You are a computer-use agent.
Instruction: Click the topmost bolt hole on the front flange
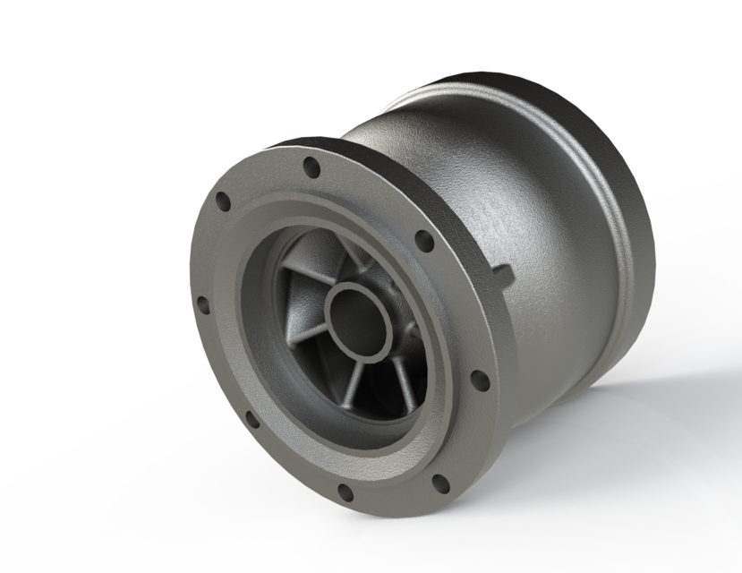[311, 167]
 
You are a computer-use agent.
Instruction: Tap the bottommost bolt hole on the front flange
[345, 491]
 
